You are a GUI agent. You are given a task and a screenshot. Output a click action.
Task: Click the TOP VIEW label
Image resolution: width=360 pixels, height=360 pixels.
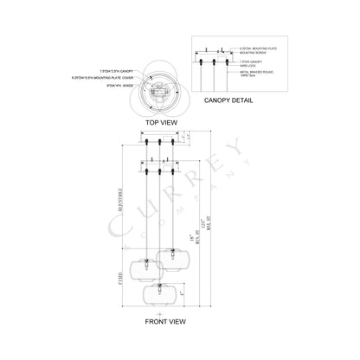[163, 122]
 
